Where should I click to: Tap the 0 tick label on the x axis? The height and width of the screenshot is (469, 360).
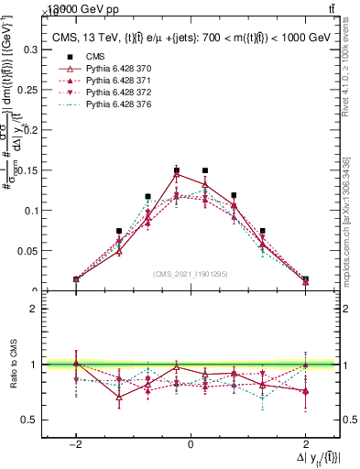191,443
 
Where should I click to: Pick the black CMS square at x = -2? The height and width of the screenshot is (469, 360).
76,279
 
